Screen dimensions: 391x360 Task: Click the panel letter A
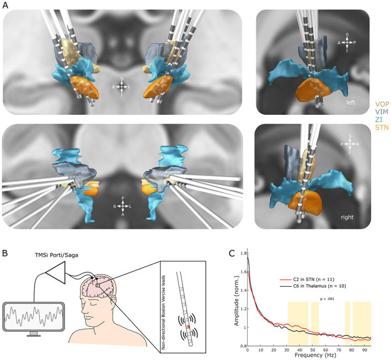[x=5, y=5]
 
